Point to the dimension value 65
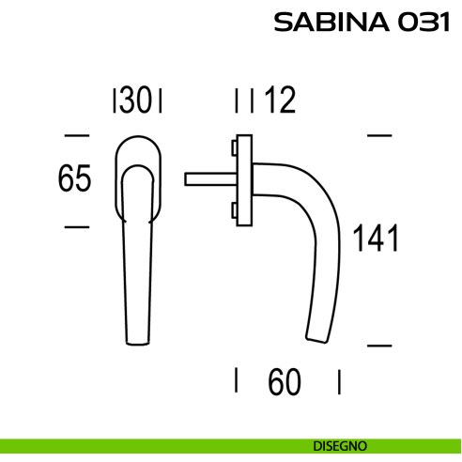pyautogui.click(x=74, y=179)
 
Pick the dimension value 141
pyautogui.click(x=376, y=239)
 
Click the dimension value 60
pyautogui.click(x=286, y=381)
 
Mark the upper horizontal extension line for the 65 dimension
pyautogui.click(x=76, y=134)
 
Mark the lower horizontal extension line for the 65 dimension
pyautogui.click(x=76, y=226)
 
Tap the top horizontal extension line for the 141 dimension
pyautogui.click(x=377, y=134)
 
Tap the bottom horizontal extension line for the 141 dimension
pyautogui.click(x=377, y=345)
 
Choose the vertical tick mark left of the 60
pyautogui.click(x=236, y=380)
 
